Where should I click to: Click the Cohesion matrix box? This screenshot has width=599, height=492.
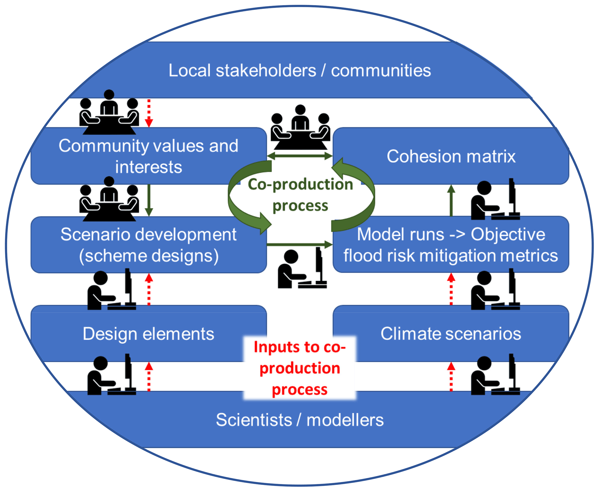[x=451, y=156]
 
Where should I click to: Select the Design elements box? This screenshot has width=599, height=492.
[x=148, y=334]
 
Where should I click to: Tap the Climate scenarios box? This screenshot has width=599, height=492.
[x=451, y=334]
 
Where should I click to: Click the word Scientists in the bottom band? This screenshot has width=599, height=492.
[x=254, y=420]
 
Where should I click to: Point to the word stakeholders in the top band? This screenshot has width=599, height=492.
[x=266, y=70]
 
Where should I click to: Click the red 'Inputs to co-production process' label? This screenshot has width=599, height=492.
[x=300, y=368]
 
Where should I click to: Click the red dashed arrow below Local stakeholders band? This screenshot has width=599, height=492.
[x=149, y=113]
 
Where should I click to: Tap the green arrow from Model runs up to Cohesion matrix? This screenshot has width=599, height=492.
[x=451, y=200]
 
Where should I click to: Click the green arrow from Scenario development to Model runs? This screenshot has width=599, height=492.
[x=299, y=244]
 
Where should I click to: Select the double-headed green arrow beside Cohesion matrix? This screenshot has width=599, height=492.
[x=300, y=156]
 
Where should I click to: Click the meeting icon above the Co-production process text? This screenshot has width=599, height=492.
[x=300, y=127]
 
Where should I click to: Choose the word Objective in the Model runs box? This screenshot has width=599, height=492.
[x=508, y=234]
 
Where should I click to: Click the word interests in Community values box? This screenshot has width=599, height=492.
[x=149, y=167]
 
